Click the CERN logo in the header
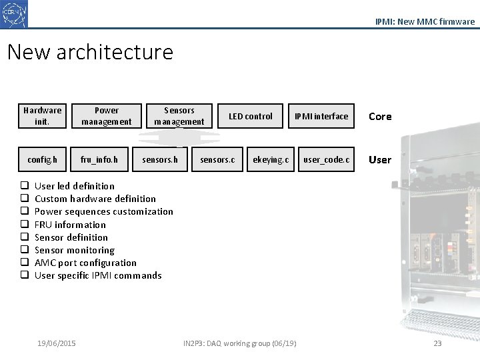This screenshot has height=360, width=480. point(14,14)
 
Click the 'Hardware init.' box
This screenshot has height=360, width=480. point(42,116)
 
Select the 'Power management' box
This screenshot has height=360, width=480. point(107,116)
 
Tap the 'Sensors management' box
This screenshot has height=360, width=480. point(179,116)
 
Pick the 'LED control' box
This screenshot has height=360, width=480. point(251,116)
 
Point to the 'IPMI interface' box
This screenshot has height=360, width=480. point(322,116)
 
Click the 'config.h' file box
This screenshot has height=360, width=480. point(42,160)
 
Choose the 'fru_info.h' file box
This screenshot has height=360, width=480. point(99,160)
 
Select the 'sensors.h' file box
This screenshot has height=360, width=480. point(160,160)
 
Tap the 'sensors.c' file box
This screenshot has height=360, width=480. point(217,160)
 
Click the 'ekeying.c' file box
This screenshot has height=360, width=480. point(271,160)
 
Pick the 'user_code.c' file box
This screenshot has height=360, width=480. point(327,160)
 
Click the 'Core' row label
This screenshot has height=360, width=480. point(380,117)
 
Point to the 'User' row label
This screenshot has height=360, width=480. point(380,160)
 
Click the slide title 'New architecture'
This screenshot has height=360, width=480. point(90,52)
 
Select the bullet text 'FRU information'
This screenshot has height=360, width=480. point(70,225)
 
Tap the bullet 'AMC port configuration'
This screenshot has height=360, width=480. point(85,263)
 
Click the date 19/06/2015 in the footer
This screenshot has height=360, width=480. point(57,343)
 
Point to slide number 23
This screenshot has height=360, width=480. point(437,343)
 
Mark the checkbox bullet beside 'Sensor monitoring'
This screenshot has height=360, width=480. point(23,250)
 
